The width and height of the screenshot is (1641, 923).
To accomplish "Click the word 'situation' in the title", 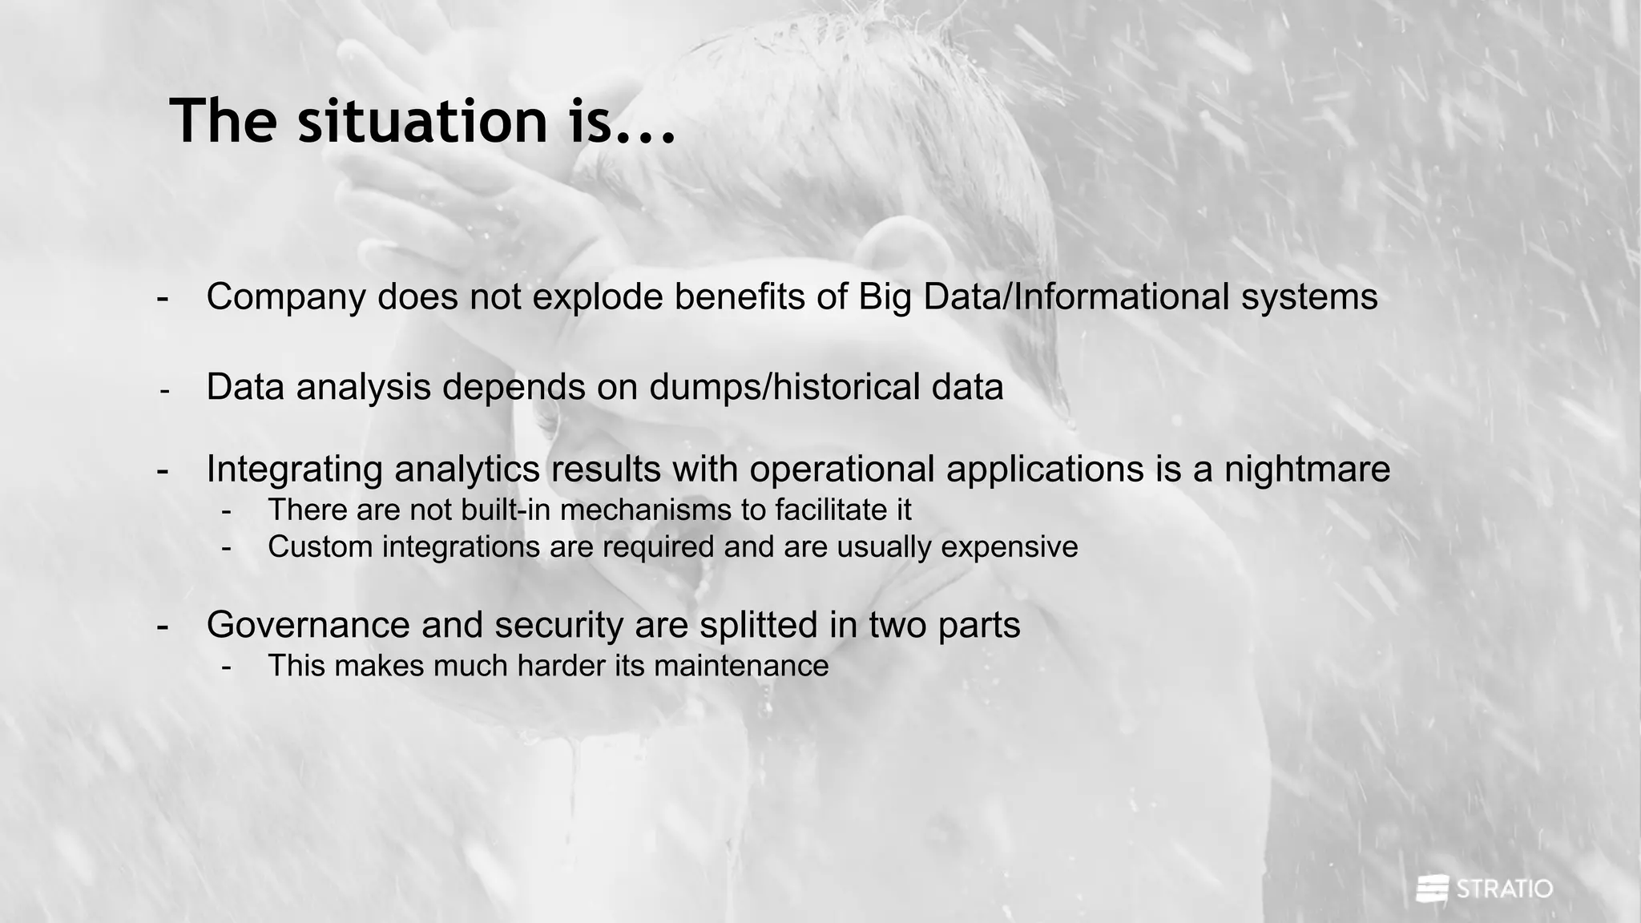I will point(422,121).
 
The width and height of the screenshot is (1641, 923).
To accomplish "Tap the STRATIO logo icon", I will point(1432,889).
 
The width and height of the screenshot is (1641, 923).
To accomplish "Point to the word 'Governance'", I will point(308,625).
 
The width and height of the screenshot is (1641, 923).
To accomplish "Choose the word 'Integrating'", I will point(294,469).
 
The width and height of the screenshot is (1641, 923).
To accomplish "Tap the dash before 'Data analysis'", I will point(164,391).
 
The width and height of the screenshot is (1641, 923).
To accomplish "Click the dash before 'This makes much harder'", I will point(227,667).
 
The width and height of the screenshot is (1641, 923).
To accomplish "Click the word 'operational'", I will point(841,469).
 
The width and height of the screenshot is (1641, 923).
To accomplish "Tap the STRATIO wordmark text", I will point(1504,889).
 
